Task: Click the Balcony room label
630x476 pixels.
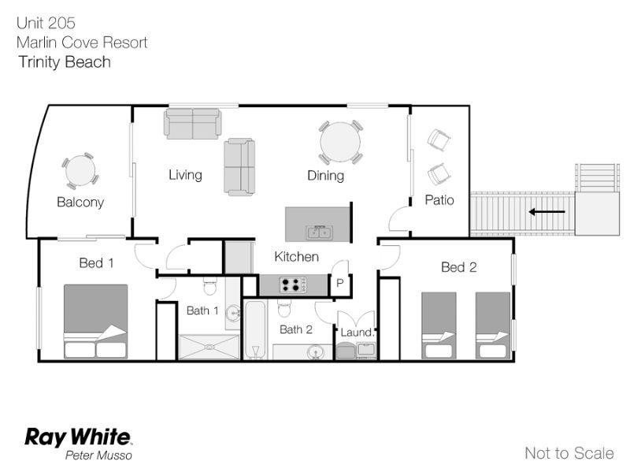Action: pos(80,202)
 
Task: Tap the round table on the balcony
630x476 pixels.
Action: pos(80,170)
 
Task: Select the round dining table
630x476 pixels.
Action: pos(340,143)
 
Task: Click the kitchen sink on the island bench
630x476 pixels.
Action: pos(319,232)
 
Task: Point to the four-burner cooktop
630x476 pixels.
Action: pos(293,284)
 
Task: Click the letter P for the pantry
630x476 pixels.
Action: pos(340,283)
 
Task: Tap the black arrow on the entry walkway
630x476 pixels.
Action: pos(547,211)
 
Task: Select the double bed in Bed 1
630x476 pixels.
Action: pos(95,322)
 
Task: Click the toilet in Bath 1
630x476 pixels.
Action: pos(210,286)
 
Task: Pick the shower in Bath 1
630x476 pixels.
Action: pos(209,347)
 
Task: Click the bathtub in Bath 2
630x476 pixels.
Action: pos(255,329)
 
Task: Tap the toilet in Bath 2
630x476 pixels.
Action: pos(283,308)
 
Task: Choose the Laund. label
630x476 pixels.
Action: pos(358,333)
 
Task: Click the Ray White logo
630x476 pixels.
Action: pos(78,437)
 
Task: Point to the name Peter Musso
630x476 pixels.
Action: pos(98,455)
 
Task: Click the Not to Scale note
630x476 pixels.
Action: pos(569,453)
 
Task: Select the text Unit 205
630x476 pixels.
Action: pos(46,23)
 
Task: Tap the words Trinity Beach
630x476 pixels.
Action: pos(65,62)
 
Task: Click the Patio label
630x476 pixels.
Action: pos(439,200)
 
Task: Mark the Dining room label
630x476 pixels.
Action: pos(325,176)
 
